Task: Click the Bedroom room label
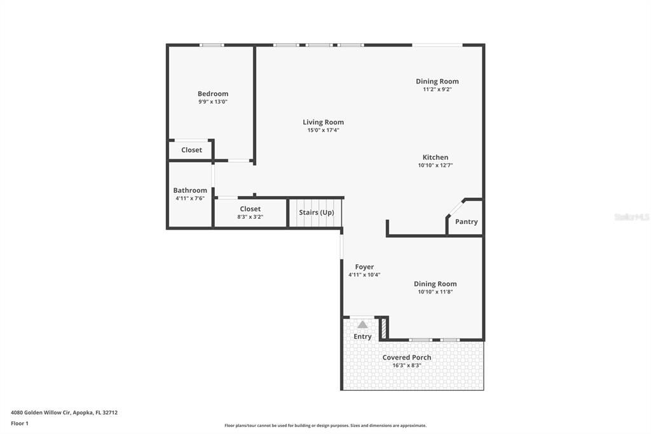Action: pyautogui.click(x=213, y=94)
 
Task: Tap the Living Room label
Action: pyautogui.click(x=323, y=122)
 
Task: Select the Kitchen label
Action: pyautogui.click(x=435, y=158)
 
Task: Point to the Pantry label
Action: pyautogui.click(x=466, y=222)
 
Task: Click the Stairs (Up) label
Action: pyautogui.click(x=317, y=213)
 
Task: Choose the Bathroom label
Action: pyautogui.click(x=190, y=190)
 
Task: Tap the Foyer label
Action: pyautogui.click(x=364, y=267)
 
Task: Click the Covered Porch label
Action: pyautogui.click(x=407, y=358)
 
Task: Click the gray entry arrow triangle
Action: pyautogui.click(x=362, y=325)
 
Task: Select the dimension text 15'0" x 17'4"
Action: pyautogui.click(x=323, y=130)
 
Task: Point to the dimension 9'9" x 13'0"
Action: pyautogui.click(x=213, y=102)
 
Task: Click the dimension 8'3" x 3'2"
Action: pyautogui.click(x=250, y=217)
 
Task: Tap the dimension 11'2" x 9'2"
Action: pyautogui.click(x=437, y=89)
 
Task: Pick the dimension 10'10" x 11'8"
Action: pyautogui.click(x=435, y=292)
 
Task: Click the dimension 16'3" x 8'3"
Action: pyautogui.click(x=407, y=365)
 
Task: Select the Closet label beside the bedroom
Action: pyautogui.click(x=191, y=150)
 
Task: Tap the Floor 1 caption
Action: pyautogui.click(x=20, y=424)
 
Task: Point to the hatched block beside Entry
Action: pyautogui.click(x=384, y=328)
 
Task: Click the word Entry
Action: pyautogui.click(x=362, y=337)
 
